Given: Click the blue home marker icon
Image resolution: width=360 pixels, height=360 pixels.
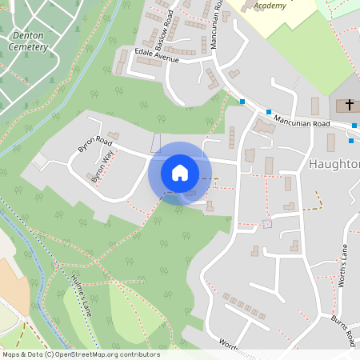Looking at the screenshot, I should click(x=180, y=172).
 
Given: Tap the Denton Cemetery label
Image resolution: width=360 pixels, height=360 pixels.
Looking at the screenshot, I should click(x=30, y=41).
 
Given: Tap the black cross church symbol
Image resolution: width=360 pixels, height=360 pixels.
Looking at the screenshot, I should click(x=349, y=105).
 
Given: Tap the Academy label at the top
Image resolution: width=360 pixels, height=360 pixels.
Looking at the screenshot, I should click(x=270, y=6).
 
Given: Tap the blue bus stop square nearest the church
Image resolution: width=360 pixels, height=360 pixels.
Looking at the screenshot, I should click(x=354, y=125).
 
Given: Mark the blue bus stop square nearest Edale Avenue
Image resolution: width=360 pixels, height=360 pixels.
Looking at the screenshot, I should click(x=242, y=102).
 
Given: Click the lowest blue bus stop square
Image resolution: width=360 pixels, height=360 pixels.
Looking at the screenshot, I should click(x=350, y=142).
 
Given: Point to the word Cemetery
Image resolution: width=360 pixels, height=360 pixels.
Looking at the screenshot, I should click(x=30, y=46).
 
